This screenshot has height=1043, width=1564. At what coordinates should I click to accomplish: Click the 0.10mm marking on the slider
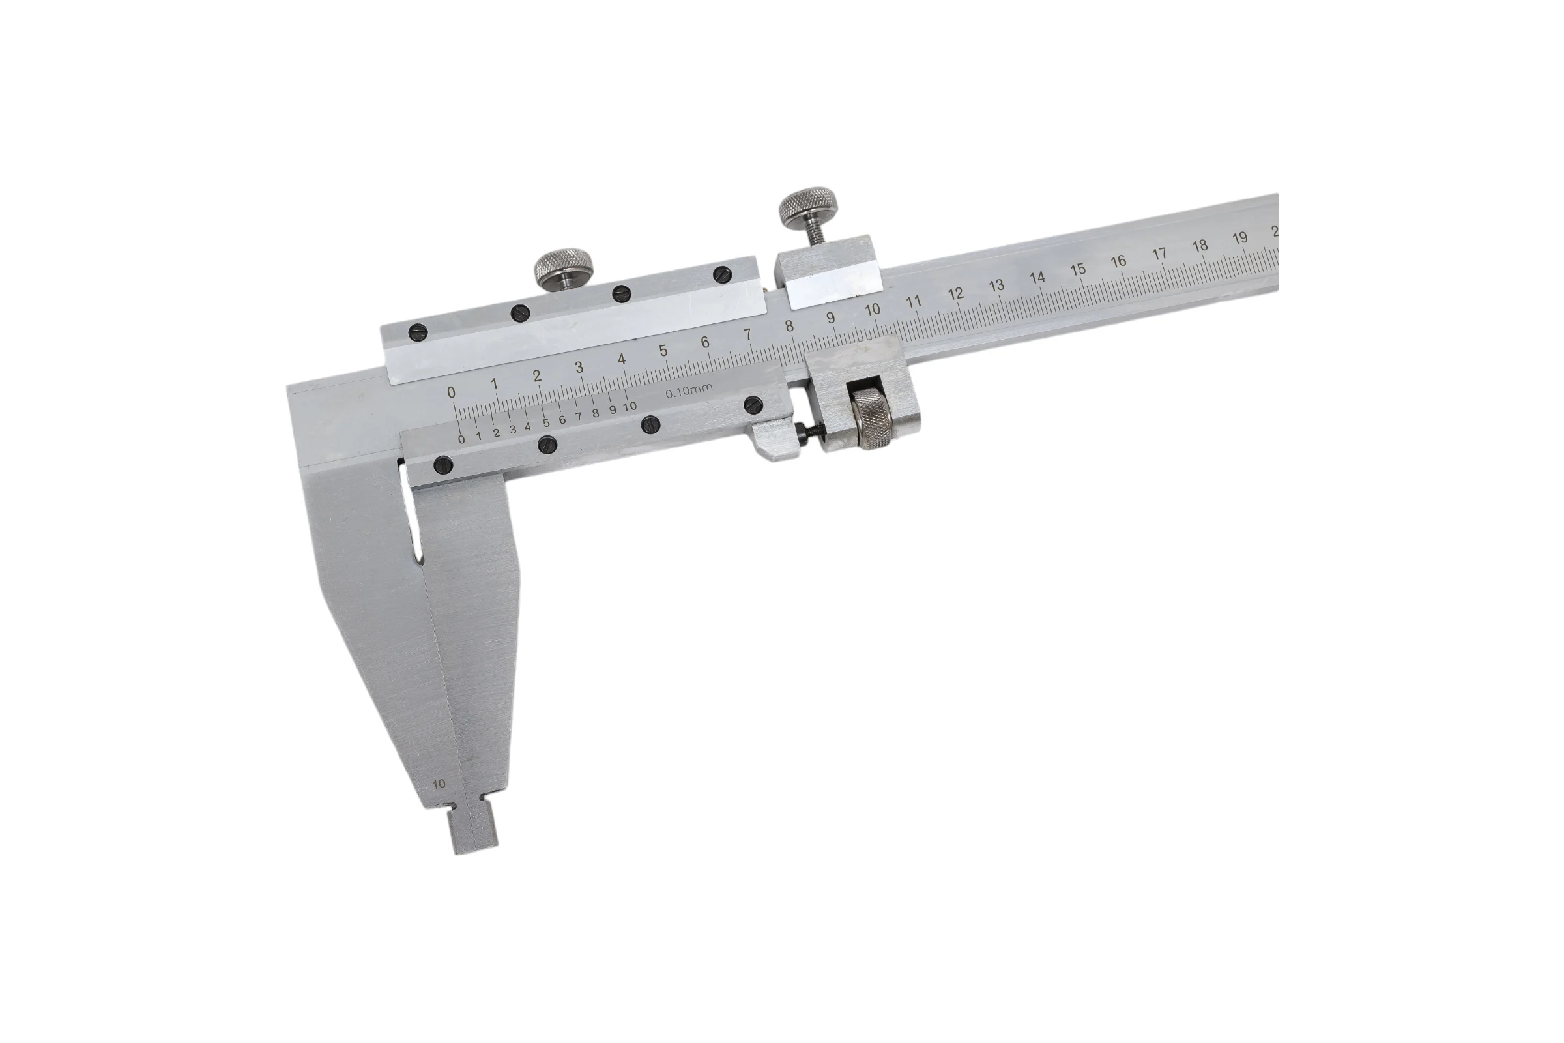(689, 391)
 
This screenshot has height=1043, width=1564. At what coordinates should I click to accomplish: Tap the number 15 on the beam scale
(1078, 269)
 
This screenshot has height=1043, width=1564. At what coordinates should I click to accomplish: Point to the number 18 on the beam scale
(1200, 246)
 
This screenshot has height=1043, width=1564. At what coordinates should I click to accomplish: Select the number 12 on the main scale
(955, 293)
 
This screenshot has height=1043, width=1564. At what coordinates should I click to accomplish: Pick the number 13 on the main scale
(996, 286)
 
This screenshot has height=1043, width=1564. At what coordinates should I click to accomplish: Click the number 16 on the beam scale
(1118, 261)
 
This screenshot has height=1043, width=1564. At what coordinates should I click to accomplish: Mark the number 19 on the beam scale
(1239, 238)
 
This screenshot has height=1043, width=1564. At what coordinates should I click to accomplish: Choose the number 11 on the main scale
(914, 301)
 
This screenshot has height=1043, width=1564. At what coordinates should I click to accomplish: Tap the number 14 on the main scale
(1037, 278)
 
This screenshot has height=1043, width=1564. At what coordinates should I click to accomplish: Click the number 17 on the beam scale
(1159, 254)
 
